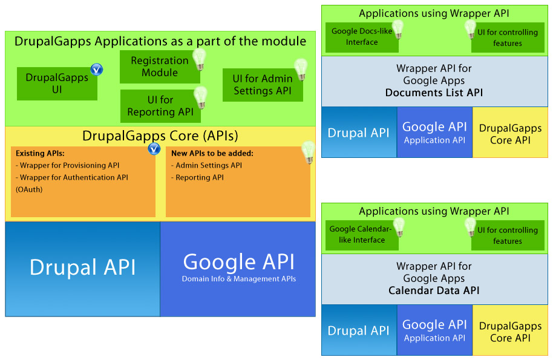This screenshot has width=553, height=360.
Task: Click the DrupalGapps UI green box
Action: (x=57, y=84)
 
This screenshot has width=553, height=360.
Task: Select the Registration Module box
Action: (x=160, y=67)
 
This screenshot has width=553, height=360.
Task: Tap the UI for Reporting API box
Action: (x=160, y=106)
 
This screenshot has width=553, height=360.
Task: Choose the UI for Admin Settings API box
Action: (x=262, y=85)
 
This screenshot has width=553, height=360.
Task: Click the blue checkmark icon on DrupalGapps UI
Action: (x=96, y=70)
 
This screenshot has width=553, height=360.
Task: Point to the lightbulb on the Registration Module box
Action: (x=199, y=59)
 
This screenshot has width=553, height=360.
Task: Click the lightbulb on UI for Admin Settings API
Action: (x=300, y=68)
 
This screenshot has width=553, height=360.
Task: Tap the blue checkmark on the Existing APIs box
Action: (x=154, y=148)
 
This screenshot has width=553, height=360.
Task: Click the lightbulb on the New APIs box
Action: (x=309, y=150)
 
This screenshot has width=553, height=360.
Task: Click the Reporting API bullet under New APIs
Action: (x=199, y=177)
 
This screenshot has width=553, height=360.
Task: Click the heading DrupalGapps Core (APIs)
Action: (x=160, y=135)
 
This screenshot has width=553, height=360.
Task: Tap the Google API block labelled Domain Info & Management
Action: (x=238, y=269)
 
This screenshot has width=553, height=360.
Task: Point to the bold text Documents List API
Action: (x=434, y=93)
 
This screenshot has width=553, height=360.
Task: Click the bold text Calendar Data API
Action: (x=434, y=290)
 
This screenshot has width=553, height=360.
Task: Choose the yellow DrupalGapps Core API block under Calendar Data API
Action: (x=510, y=331)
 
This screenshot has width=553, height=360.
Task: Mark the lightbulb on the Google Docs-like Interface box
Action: (x=398, y=28)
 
